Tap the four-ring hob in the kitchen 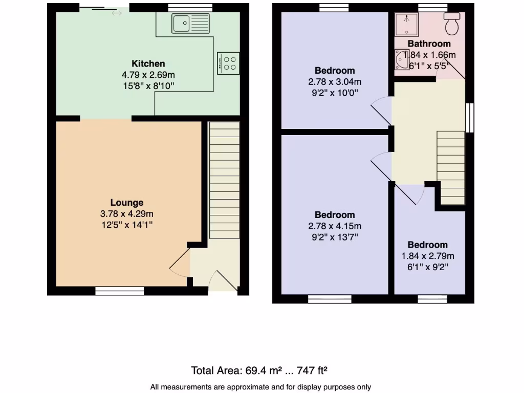click(x=228, y=63)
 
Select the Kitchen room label click(x=148, y=64)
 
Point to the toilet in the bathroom click(x=452, y=23)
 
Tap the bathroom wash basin click(x=400, y=59)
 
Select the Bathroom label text click(x=429, y=44)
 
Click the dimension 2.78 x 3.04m click(x=335, y=82)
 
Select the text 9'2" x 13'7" click(x=335, y=237)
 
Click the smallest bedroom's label click(x=427, y=245)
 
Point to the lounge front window click(x=119, y=291)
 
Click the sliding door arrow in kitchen click(x=117, y=13)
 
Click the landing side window click(x=470, y=117)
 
